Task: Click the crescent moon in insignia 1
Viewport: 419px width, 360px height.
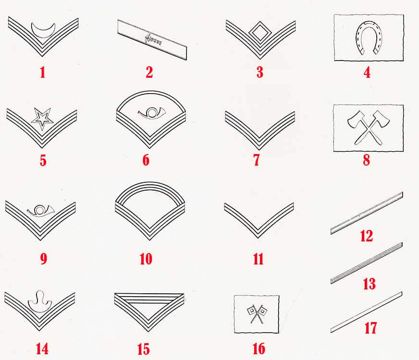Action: point(43,34)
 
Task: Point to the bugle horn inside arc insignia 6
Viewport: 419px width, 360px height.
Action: point(152,113)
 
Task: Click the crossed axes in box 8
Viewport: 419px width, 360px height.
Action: point(369,128)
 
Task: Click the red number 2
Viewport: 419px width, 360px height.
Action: point(149,72)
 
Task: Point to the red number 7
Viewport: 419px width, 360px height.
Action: point(256,160)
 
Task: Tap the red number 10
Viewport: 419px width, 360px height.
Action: point(146,259)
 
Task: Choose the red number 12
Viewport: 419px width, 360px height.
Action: point(366,236)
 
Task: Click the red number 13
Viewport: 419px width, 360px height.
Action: point(370,284)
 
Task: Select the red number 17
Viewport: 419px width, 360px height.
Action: point(370,328)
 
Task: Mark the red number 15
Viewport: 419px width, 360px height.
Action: point(144,349)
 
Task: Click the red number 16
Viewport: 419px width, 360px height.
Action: point(259,349)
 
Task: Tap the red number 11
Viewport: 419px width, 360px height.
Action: point(258,259)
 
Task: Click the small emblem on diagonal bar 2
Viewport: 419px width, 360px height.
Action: point(153,40)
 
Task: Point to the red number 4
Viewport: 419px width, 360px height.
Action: point(367,72)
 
